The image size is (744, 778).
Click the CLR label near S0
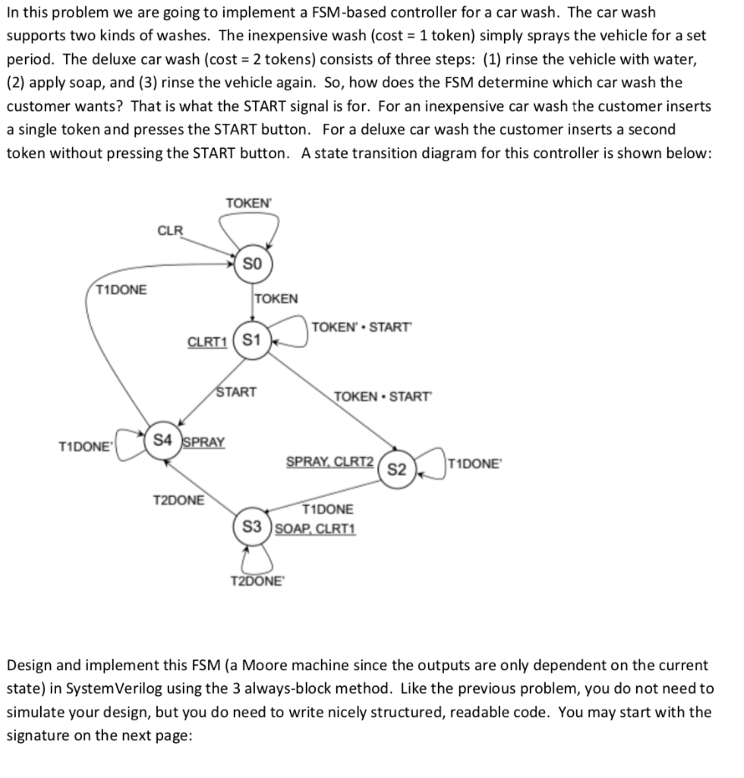coord(170,229)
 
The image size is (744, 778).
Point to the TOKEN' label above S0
coord(248,203)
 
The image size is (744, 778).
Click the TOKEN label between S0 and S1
coord(277,299)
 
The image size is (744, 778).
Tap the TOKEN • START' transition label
coord(380,397)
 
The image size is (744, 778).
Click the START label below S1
coord(237,393)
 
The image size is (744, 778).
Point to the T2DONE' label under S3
coord(254,582)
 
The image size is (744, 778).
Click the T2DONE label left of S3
coord(179,501)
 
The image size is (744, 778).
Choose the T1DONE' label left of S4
coord(85,446)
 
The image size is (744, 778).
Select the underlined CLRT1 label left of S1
coord(207,340)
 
